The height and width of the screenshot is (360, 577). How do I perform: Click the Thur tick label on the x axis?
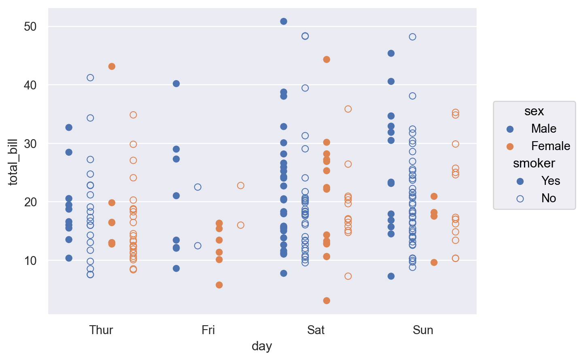101,330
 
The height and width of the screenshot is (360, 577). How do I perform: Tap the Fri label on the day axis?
208,330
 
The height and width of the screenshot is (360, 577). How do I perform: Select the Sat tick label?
316,330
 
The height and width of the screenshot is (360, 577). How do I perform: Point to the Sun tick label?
423,330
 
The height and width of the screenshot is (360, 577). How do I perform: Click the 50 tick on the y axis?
30,27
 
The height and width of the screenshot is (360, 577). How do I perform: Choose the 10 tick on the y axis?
30,260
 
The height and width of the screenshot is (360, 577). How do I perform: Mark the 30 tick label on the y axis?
30,144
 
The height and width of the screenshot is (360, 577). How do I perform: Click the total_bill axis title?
13,162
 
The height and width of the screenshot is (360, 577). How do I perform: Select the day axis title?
262,346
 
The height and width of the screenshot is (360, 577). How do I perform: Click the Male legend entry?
543,129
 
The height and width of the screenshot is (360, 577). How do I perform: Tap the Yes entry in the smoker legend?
550,181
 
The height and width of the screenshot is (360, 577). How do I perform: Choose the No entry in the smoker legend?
549,198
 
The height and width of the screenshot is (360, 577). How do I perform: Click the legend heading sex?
534,111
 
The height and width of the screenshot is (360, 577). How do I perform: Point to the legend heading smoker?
534,163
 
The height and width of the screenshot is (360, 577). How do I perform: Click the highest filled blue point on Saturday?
284,21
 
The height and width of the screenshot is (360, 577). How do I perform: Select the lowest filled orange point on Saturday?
327,301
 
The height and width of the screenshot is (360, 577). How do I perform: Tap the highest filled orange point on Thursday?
112,66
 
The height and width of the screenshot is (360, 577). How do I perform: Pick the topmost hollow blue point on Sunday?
412,37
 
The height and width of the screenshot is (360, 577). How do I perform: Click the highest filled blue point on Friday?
176,84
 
